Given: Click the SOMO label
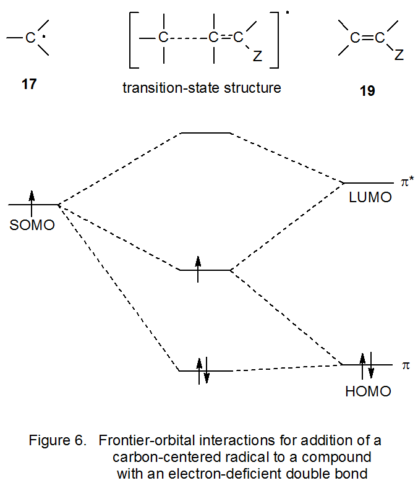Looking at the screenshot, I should pyautogui.click(x=32, y=225).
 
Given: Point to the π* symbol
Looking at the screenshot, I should pyautogui.click(x=407, y=184).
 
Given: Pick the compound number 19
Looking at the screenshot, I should pyautogui.click(x=367, y=91).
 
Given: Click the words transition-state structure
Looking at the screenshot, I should pyautogui.click(x=202, y=88).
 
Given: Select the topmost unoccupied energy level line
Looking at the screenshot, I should pyautogui.click(x=204, y=132).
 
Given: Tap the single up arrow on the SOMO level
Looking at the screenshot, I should pyautogui.click(x=32, y=199).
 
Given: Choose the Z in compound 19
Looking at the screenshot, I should pyautogui.click(x=399, y=56).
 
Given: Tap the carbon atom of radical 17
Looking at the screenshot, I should pyautogui.click(x=30, y=39).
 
